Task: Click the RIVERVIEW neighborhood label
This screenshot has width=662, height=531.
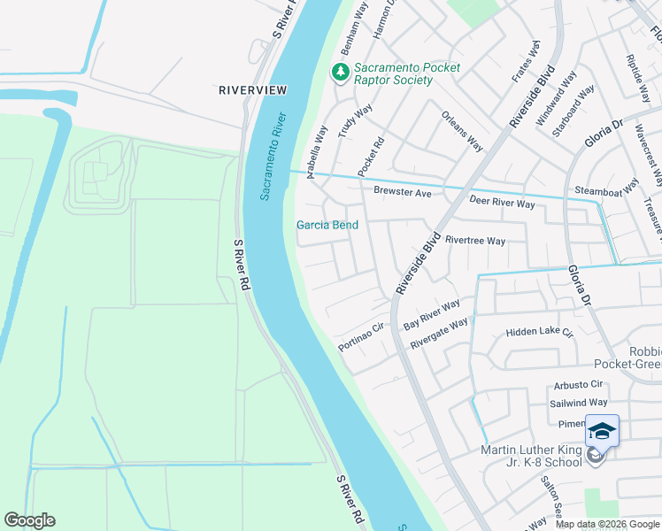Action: pyautogui.click(x=253, y=90)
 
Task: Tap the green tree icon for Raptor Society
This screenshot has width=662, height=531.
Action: pyautogui.click(x=340, y=72)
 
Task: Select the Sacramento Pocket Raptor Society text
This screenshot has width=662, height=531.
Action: pyautogui.click(x=394, y=73)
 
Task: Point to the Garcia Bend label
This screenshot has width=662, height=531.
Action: pyautogui.click(x=327, y=225)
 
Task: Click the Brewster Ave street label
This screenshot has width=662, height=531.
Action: pyautogui.click(x=402, y=192)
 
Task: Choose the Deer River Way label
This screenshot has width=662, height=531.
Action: pyautogui.click(x=502, y=204)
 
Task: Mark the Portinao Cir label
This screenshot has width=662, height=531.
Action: pyautogui.click(x=360, y=335)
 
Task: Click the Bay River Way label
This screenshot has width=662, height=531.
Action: pyautogui.click(x=432, y=314)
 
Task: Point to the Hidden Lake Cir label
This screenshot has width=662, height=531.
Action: pyautogui.click(x=540, y=333)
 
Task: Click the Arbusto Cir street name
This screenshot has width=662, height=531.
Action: pyautogui.click(x=578, y=385)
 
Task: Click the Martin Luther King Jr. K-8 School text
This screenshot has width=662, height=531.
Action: pyautogui.click(x=531, y=458)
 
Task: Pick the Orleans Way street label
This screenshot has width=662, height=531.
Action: pyautogui.click(x=463, y=132)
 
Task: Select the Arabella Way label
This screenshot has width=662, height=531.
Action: pyautogui.click(x=317, y=152)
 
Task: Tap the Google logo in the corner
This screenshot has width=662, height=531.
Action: pyautogui.click(x=29, y=520)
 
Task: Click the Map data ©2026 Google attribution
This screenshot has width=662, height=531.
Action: pyautogui.click(x=607, y=524)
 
